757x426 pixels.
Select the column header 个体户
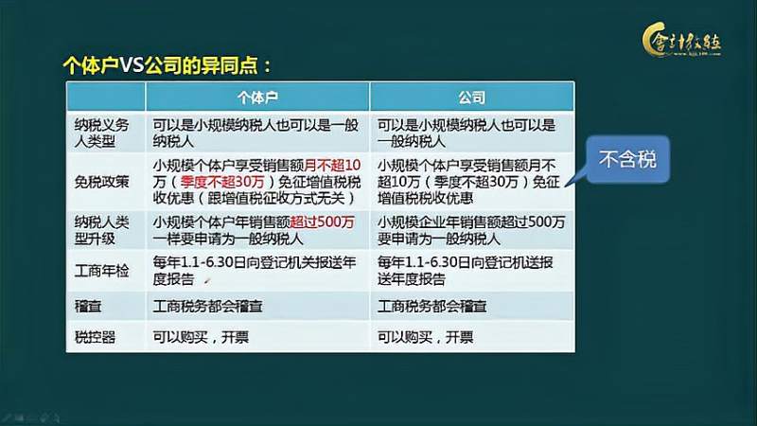(256, 97)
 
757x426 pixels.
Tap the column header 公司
(471, 97)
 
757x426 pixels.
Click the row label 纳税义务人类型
(105, 133)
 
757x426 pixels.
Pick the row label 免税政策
(105, 181)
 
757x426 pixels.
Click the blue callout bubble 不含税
(627, 162)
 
